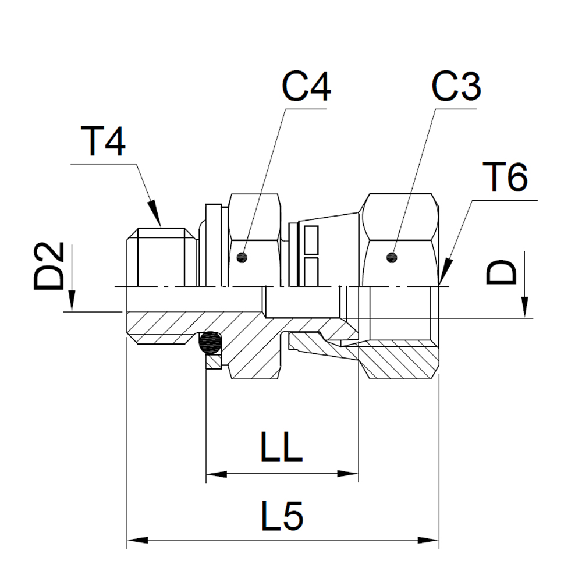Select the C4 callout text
(306, 87)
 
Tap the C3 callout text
(456, 87)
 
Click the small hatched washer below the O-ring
(213, 363)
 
